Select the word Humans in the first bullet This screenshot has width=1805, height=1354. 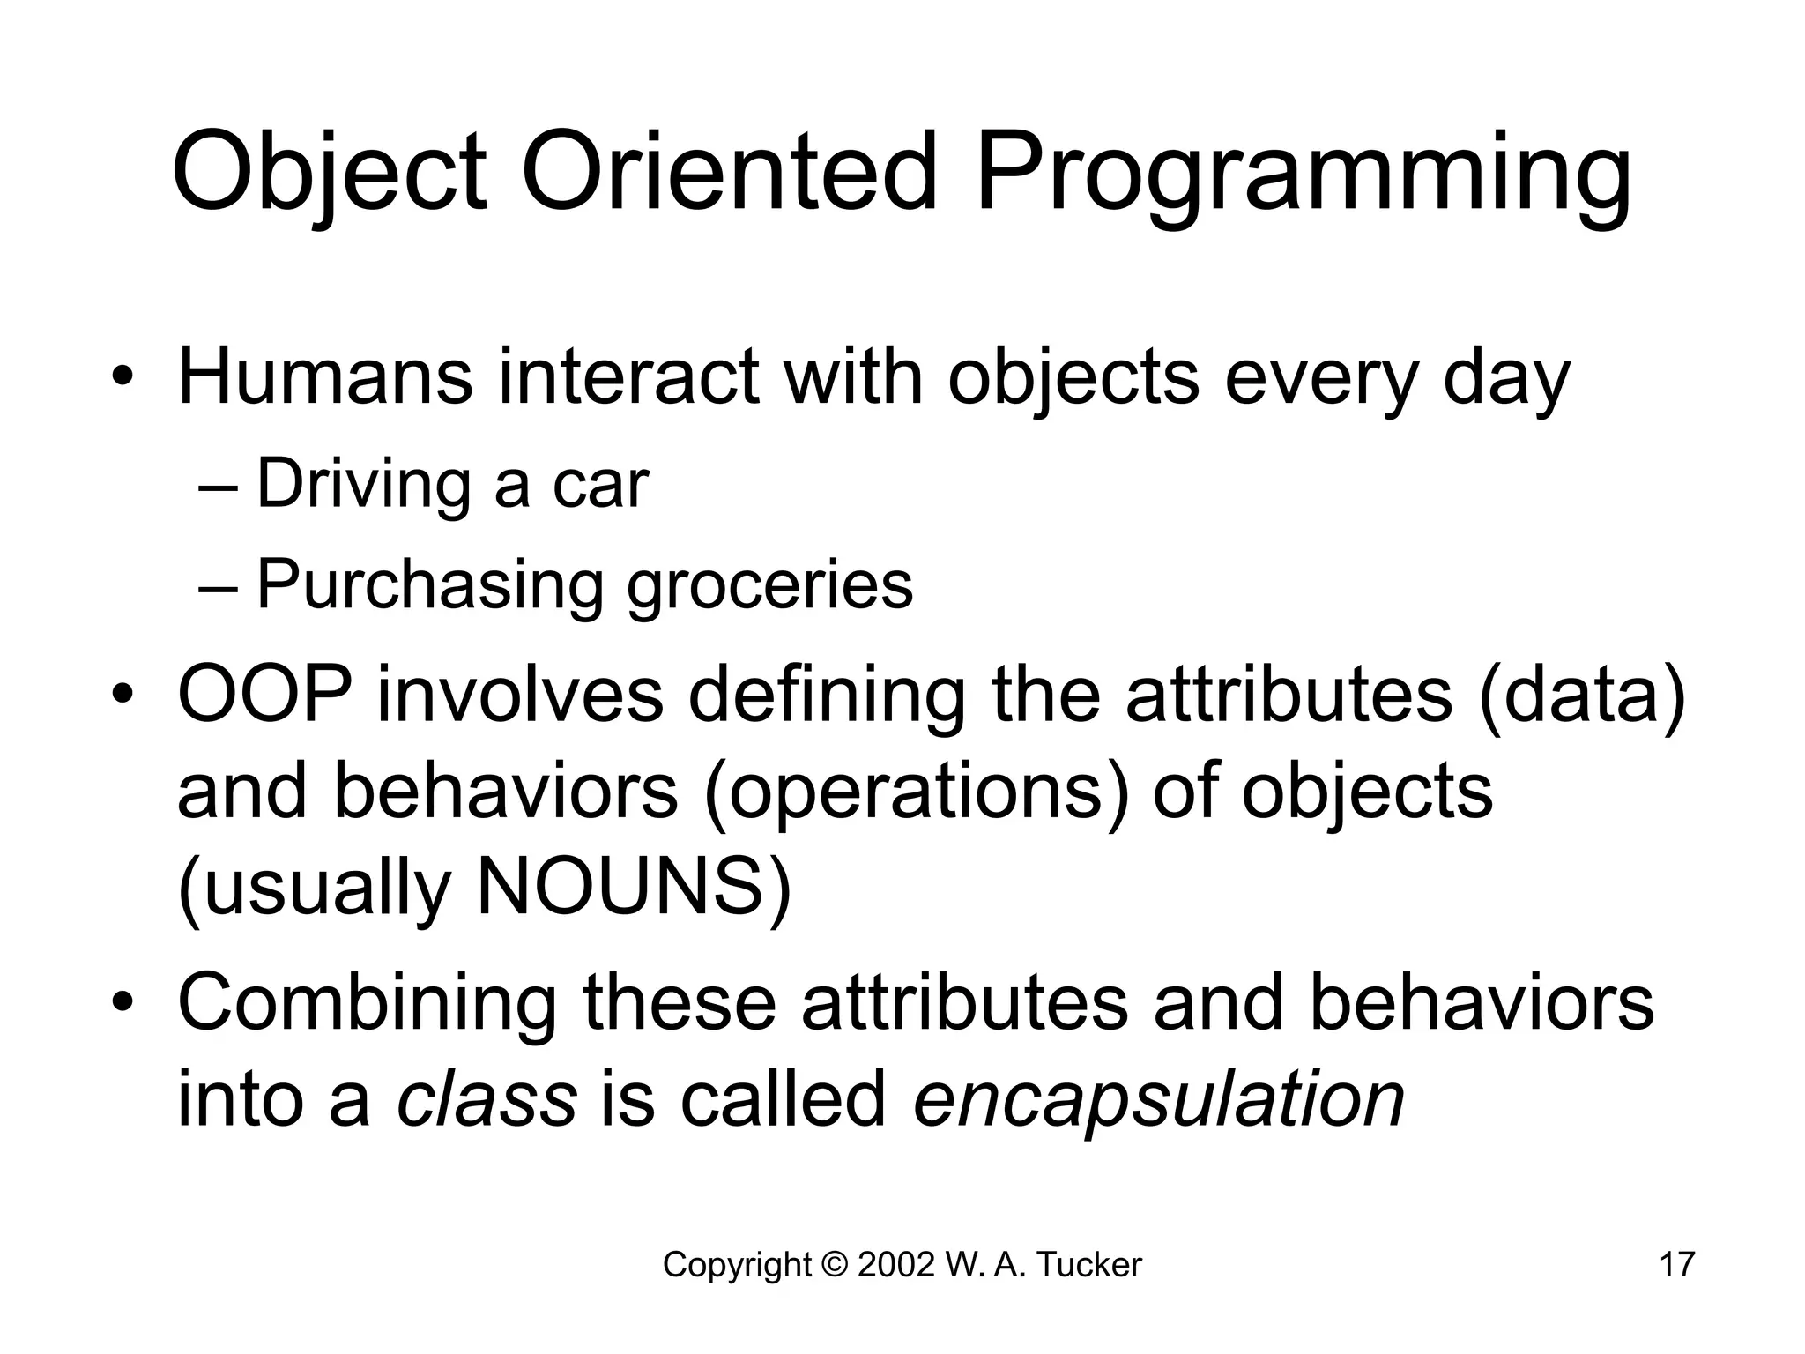click(324, 377)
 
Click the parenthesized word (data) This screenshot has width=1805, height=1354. click(1582, 696)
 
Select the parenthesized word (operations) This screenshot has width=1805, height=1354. click(917, 792)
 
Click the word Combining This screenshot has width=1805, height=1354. click(368, 1004)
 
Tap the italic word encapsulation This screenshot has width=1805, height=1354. click(1158, 1102)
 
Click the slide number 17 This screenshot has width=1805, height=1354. click(1676, 1265)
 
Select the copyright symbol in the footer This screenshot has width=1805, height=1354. click(833, 1265)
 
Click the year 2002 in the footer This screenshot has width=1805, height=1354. click(895, 1265)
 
